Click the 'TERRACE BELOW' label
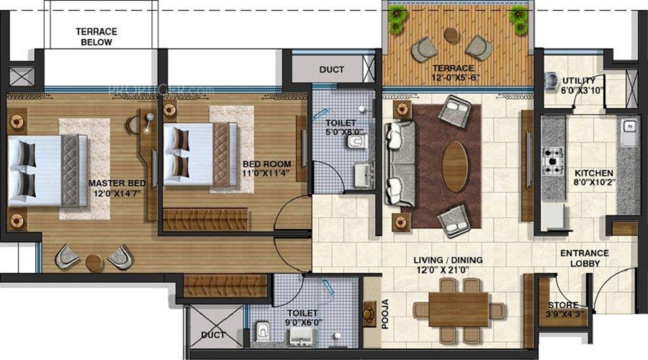coord(96,37)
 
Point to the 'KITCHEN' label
coord(593,174)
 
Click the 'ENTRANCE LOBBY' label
coord(585,258)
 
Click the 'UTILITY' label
coord(579,80)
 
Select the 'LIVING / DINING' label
coord(448,260)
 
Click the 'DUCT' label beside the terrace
coord(331,70)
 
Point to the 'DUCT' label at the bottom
coord(213,335)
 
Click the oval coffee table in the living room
coord(454,166)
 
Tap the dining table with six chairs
coord(458,310)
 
